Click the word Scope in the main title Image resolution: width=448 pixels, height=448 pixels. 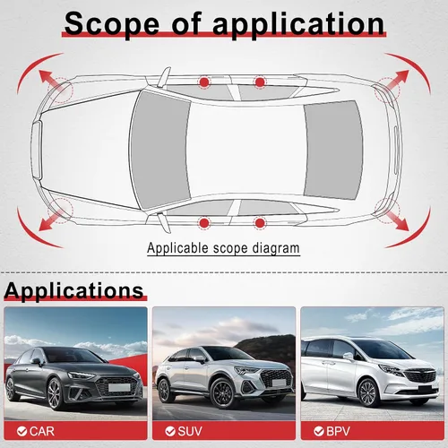point(112,24)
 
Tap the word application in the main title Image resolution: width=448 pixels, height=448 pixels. point(298,24)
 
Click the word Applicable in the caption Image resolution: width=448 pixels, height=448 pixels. point(177,248)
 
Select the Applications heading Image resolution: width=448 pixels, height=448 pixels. point(73,290)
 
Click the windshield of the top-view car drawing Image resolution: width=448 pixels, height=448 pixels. point(160,150)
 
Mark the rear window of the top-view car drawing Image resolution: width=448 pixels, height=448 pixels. point(333,150)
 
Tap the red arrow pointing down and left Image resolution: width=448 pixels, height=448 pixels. point(50,220)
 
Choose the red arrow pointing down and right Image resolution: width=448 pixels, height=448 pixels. point(397,220)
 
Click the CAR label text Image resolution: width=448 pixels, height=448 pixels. point(42,431)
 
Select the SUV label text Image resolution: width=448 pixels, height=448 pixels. point(190,431)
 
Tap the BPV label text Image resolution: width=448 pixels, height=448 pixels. point(338,431)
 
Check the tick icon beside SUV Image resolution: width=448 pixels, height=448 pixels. point(170,431)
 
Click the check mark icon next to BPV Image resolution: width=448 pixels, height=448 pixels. point(319,431)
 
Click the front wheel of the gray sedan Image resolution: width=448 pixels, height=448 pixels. point(56,394)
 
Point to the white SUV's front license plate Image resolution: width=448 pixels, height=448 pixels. point(279,383)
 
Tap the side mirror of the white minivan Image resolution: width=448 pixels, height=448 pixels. point(348,356)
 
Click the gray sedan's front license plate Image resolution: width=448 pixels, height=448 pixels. point(119,387)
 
